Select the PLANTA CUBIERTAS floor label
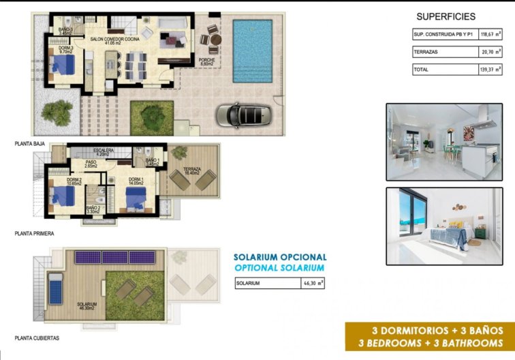[x=37, y=337]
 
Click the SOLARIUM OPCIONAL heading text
[x=279, y=257]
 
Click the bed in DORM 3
[x=64, y=66]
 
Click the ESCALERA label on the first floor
[x=104, y=151]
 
